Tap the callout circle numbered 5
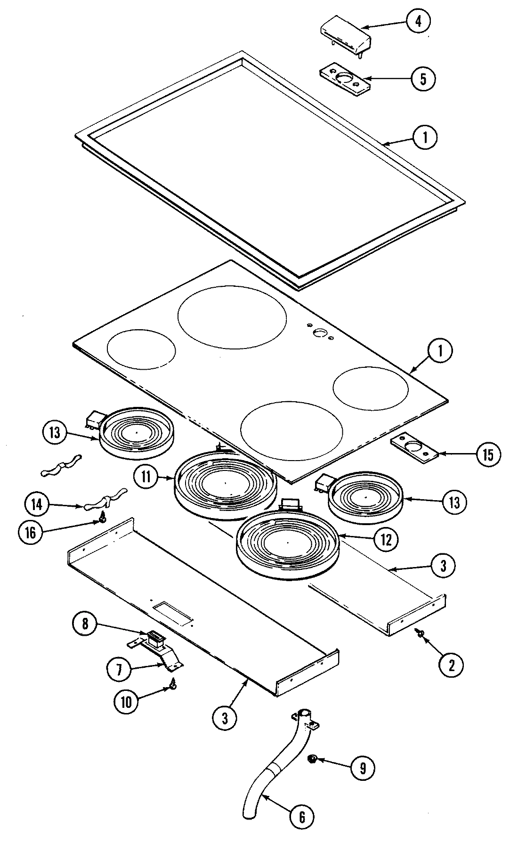422,78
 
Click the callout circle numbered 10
126,702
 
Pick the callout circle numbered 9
362,768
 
